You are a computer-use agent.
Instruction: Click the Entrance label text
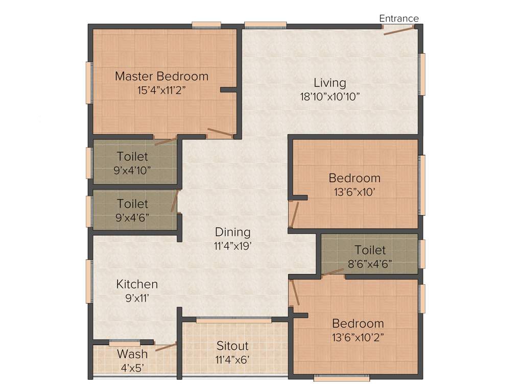(398, 18)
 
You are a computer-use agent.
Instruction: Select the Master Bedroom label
(161, 77)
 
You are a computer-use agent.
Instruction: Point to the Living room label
(329, 83)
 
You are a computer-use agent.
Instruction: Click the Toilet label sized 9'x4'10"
(132, 156)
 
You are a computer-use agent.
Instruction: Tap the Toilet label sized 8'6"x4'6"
(370, 250)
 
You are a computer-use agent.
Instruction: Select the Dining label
(232, 232)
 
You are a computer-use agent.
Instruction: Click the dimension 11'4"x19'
(232, 246)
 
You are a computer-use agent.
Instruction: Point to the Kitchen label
(137, 284)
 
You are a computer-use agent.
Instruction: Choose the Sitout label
(232, 346)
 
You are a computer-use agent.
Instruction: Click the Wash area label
(132, 354)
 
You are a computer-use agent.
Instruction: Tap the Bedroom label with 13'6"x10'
(354, 178)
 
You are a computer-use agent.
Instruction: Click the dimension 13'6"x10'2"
(358, 337)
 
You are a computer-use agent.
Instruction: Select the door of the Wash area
(165, 347)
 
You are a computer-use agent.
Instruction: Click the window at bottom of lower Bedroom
(341, 379)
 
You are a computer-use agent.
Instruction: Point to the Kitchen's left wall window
(89, 281)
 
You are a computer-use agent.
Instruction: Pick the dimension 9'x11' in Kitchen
(137, 298)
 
